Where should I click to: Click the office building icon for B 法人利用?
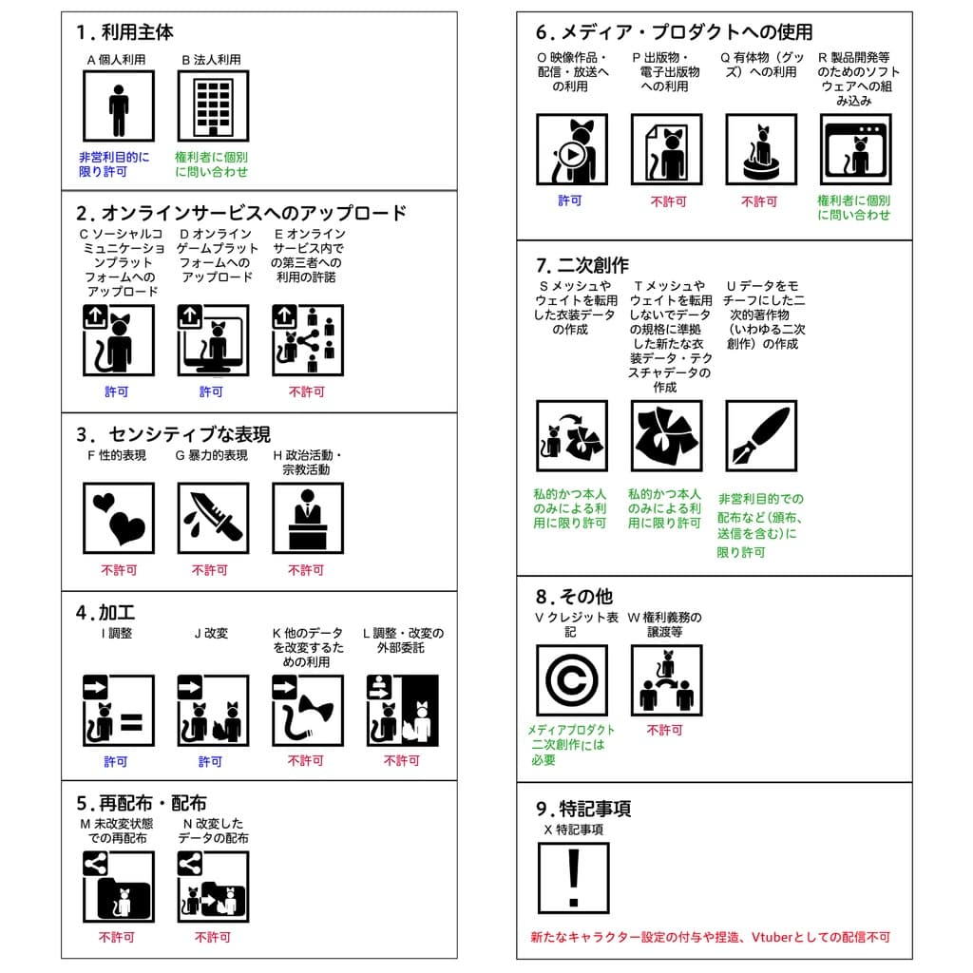pos(214,106)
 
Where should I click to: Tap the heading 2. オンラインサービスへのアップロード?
pos(240,213)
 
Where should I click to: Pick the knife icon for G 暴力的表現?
pos(214,518)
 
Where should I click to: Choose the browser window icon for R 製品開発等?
pos(856,149)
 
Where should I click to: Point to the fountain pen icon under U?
pos(761,435)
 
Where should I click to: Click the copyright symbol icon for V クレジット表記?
pos(572,680)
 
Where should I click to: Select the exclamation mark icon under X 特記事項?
pos(573,878)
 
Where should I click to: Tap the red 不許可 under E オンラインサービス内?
pos(307,391)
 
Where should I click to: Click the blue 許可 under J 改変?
pos(210,761)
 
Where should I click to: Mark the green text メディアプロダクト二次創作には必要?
pos(570,745)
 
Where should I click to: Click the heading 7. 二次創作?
pos(582,265)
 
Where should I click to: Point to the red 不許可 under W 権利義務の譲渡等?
pos(664,731)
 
